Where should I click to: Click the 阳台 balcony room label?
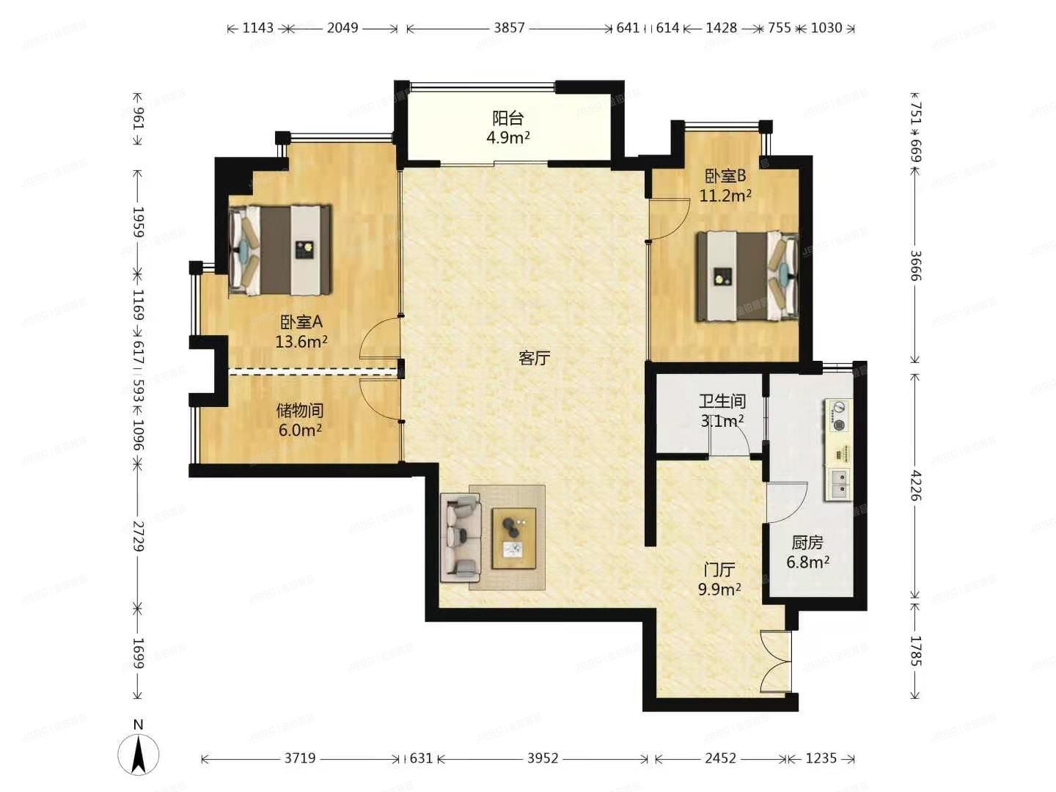click(x=507, y=118)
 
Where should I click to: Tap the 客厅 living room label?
click(x=534, y=358)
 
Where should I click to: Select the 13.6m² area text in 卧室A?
click(x=301, y=342)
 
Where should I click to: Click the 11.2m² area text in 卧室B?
click(x=725, y=196)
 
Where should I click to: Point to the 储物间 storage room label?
click(x=300, y=411)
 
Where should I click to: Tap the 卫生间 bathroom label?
click(x=722, y=401)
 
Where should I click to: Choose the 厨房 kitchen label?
click(x=807, y=543)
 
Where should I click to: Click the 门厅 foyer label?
click(x=719, y=570)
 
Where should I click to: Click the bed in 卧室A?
click(x=279, y=250)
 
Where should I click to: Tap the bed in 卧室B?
click(x=747, y=276)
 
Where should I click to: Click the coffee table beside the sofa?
click(x=513, y=538)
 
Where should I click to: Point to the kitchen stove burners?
click(x=838, y=415)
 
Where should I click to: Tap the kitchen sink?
click(x=838, y=483)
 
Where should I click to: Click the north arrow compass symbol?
click(x=139, y=751)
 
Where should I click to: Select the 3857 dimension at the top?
click(x=509, y=28)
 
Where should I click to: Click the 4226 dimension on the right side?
click(x=915, y=485)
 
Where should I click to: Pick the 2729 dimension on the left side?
click(x=138, y=535)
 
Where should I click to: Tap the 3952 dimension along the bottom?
click(x=543, y=758)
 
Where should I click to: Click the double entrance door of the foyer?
click(x=777, y=661)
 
